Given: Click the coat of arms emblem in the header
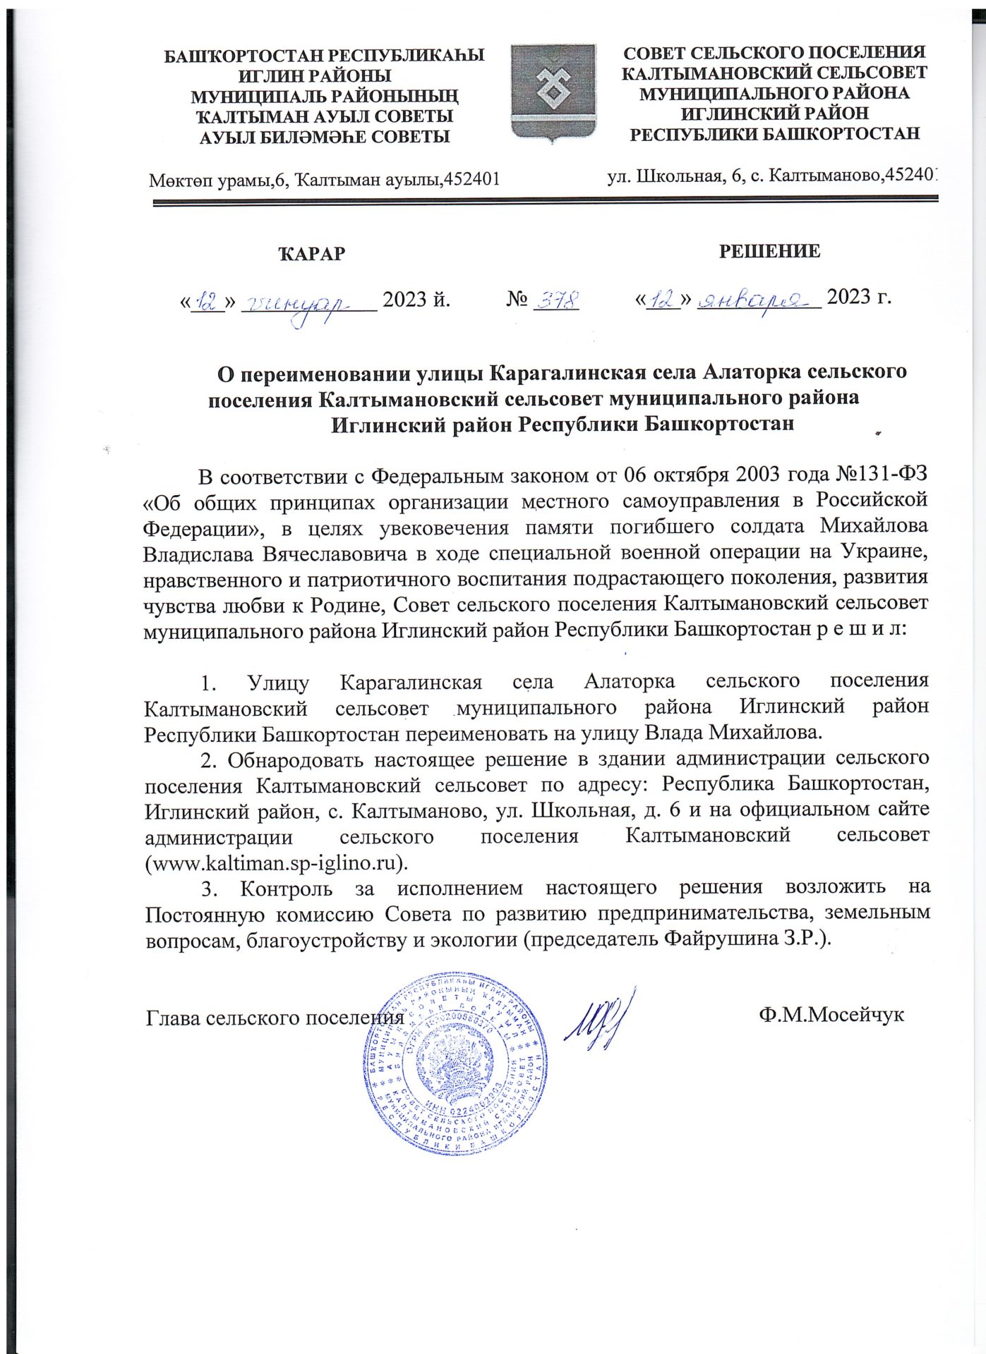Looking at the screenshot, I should click(x=553, y=93).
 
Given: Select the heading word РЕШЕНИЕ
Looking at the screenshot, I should click(x=769, y=251).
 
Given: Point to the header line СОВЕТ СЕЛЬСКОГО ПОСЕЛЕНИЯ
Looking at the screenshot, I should click(x=774, y=52).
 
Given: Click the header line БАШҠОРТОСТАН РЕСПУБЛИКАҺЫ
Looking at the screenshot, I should click(x=324, y=56).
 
